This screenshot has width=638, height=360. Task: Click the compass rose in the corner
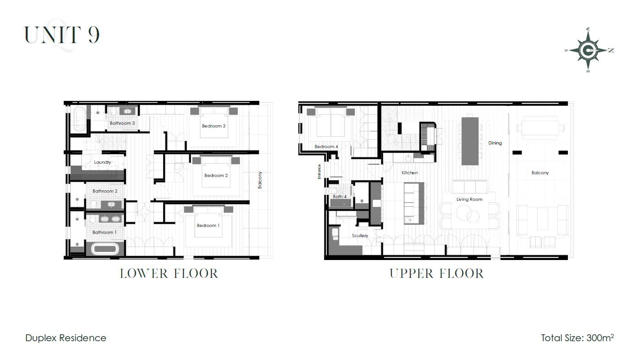pyautogui.click(x=588, y=50)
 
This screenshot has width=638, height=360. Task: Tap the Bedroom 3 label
pyautogui.click(x=214, y=126)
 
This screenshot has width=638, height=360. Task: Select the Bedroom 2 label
pyautogui.click(x=216, y=176)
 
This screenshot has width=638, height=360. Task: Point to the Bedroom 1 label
pyautogui.click(x=208, y=226)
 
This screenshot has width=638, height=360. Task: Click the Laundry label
pyautogui.click(x=103, y=162)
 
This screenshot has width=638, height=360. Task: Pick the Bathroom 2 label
pyautogui.click(x=105, y=191)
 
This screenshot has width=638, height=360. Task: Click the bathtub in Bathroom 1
pyautogui.click(x=105, y=249)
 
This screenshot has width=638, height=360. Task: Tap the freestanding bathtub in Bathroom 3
pyautogui.click(x=79, y=119)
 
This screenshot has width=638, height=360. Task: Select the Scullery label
pyautogui.click(x=360, y=236)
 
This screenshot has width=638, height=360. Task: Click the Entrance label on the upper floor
pyautogui.click(x=319, y=172)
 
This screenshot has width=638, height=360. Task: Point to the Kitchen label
pyautogui.click(x=410, y=173)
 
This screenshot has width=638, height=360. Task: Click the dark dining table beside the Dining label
pyautogui.click(x=470, y=141)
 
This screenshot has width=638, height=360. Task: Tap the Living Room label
pyautogui.click(x=469, y=199)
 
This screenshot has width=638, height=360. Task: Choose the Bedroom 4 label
pyautogui.click(x=326, y=146)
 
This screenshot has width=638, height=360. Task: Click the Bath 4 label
pyautogui.click(x=340, y=197)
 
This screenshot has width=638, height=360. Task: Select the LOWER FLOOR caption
pyautogui.click(x=169, y=274)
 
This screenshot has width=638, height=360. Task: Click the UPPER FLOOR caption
pyautogui.click(x=437, y=274)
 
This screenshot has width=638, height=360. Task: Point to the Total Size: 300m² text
pyautogui.click(x=577, y=338)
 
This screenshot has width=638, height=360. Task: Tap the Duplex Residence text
pyautogui.click(x=66, y=338)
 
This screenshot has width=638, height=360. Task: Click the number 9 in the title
pyautogui.click(x=93, y=35)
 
